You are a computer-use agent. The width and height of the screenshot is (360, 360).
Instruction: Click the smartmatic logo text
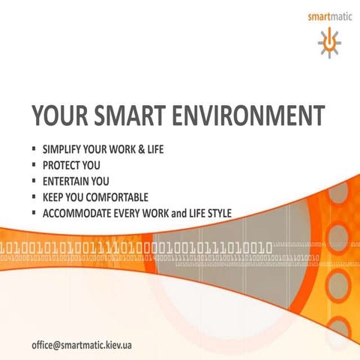pyautogui.click(x=328, y=15)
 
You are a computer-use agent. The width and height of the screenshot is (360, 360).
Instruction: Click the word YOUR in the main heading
pyautogui.click(x=59, y=116)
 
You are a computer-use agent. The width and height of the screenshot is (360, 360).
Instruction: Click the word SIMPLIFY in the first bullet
pyautogui.click(x=64, y=149)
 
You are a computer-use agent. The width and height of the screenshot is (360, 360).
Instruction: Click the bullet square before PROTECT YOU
pyautogui.click(x=34, y=165)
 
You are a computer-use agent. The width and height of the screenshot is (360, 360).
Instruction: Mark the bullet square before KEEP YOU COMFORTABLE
pyautogui.click(x=34, y=197)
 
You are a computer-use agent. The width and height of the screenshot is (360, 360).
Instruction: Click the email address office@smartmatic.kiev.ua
pyautogui.click(x=82, y=346)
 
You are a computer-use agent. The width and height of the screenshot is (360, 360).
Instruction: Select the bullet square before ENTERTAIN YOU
pyautogui.click(x=34, y=181)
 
